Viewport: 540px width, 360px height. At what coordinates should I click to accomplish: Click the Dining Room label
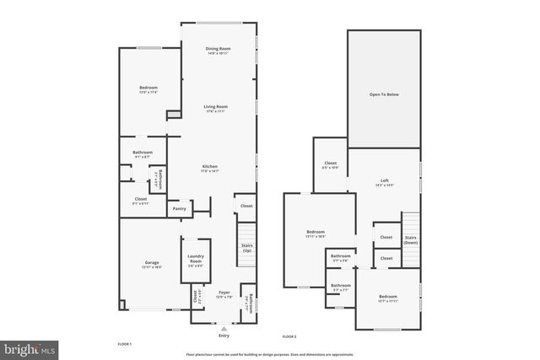pos(219,49)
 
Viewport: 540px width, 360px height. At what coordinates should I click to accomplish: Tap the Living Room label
pos(216,107)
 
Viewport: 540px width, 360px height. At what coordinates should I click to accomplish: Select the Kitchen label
pos(210,167)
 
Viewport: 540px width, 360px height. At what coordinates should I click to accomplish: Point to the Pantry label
pos(179,208)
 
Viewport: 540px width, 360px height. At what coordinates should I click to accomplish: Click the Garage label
pos(151,263)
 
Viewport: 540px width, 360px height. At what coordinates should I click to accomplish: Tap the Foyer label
pos(224,293)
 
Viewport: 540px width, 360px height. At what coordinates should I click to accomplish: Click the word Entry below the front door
pos(224,336)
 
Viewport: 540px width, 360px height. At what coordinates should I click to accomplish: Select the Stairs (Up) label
pos(247,249)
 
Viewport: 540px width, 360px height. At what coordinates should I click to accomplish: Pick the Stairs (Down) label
pos(411,240)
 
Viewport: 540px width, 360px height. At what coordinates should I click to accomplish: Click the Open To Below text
pos(384,94)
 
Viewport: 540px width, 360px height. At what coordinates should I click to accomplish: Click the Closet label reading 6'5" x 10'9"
pos(330,164)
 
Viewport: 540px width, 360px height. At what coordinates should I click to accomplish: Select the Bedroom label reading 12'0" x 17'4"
pos(148,89)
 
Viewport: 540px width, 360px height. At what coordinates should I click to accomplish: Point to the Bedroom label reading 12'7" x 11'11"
pos(387,297)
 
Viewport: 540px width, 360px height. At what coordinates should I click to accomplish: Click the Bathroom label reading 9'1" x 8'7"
pos(143,153)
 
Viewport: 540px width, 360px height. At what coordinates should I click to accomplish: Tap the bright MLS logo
pos(30,347)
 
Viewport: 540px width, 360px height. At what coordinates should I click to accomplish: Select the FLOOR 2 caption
pos(289,336)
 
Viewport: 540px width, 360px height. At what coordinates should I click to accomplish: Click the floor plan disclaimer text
pos(270,352)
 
